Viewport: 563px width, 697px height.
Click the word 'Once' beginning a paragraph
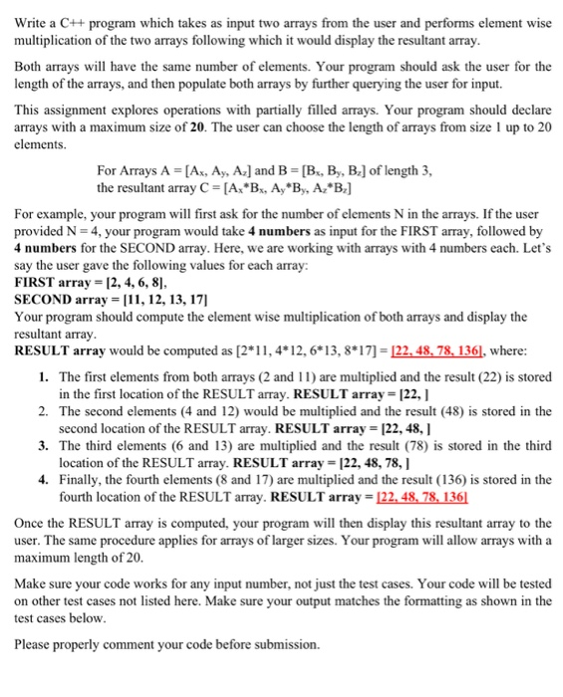[30, 522]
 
